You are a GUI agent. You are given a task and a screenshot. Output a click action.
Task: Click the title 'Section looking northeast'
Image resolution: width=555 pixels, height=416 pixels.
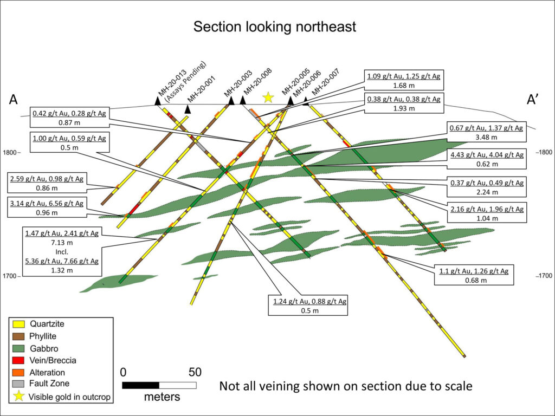275,27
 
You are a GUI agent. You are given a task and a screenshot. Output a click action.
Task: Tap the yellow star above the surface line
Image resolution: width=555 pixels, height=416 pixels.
268,97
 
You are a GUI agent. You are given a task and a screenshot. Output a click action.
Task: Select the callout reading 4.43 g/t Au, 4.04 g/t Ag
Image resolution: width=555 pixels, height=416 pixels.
487,159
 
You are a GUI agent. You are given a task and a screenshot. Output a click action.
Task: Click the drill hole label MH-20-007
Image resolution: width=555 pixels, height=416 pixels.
325,82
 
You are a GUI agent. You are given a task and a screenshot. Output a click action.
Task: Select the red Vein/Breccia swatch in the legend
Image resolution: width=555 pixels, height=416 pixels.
18,360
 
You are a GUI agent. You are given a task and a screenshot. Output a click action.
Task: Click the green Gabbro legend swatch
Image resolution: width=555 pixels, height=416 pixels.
18,348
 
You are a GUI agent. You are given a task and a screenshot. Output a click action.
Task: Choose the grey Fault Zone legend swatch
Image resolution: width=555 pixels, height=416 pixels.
18,384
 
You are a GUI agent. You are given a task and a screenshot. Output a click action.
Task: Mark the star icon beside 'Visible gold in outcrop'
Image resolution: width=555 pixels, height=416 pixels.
18,396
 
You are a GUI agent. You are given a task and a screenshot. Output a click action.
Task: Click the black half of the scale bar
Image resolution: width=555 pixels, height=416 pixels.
140,385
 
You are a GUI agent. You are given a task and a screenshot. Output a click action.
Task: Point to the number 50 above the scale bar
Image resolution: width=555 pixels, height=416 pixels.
195,372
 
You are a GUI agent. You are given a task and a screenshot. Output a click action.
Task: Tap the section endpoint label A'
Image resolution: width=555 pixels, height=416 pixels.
532,100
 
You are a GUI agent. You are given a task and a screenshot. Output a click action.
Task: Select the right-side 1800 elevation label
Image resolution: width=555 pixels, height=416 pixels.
544,152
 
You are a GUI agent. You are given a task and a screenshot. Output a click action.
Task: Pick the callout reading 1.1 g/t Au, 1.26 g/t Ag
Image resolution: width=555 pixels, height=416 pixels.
474,276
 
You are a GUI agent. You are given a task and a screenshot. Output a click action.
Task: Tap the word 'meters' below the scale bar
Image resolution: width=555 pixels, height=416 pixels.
162,396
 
